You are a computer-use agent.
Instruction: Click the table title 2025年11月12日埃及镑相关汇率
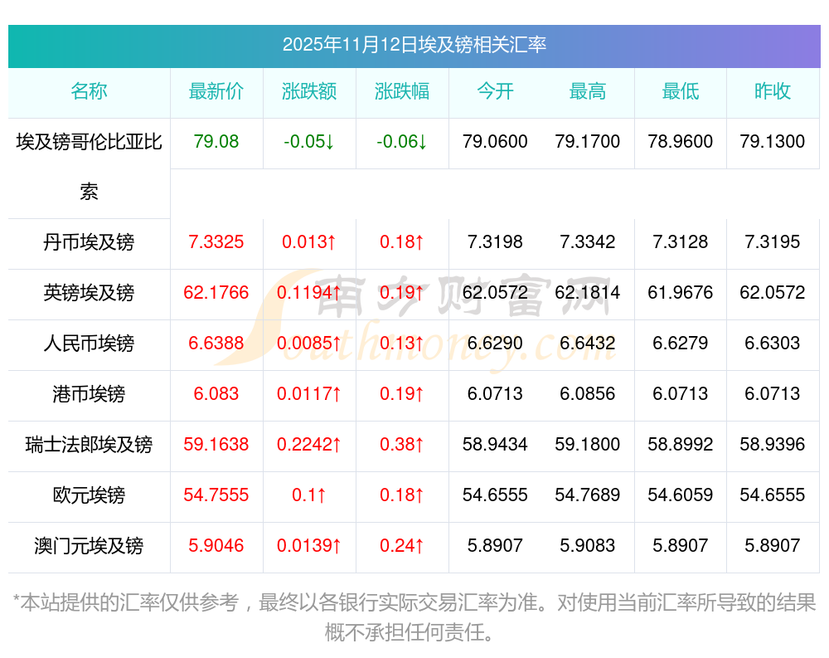(x=414, y=45)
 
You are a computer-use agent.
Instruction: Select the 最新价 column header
(x=216, y=92)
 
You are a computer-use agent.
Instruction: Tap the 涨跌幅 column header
(x=402, y=92)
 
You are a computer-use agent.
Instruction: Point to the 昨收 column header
(x=773, y=92)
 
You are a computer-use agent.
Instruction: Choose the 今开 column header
(x=495, y=92)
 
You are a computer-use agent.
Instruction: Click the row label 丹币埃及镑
(x=89, y=242)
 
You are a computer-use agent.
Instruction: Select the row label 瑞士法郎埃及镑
(x=89, y=445)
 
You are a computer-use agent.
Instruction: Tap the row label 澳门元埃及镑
(x=89, y=546)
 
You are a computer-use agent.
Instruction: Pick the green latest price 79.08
(x=216, y=142)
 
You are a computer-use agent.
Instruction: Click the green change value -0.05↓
(x=309, y=142)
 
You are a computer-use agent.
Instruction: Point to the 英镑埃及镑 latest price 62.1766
(x=216, y=293)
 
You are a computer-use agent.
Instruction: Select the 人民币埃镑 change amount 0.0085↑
(x=309, y=344)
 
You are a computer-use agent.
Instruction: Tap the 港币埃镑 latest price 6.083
(x=216, y=394)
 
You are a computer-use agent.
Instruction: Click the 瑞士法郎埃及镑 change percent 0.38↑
(x=402, y=445)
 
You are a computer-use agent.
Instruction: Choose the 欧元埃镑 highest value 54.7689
(x=588, y=495)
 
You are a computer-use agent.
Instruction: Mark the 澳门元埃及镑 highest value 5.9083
(x=588, y=546)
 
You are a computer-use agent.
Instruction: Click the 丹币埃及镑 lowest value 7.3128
(x=681, y=242)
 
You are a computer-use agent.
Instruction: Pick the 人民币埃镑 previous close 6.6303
(x=773, y=344)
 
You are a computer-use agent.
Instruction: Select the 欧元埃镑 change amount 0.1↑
(x=309, y=495)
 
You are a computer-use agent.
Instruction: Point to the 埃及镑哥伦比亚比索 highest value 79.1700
(x=588, y=142)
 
